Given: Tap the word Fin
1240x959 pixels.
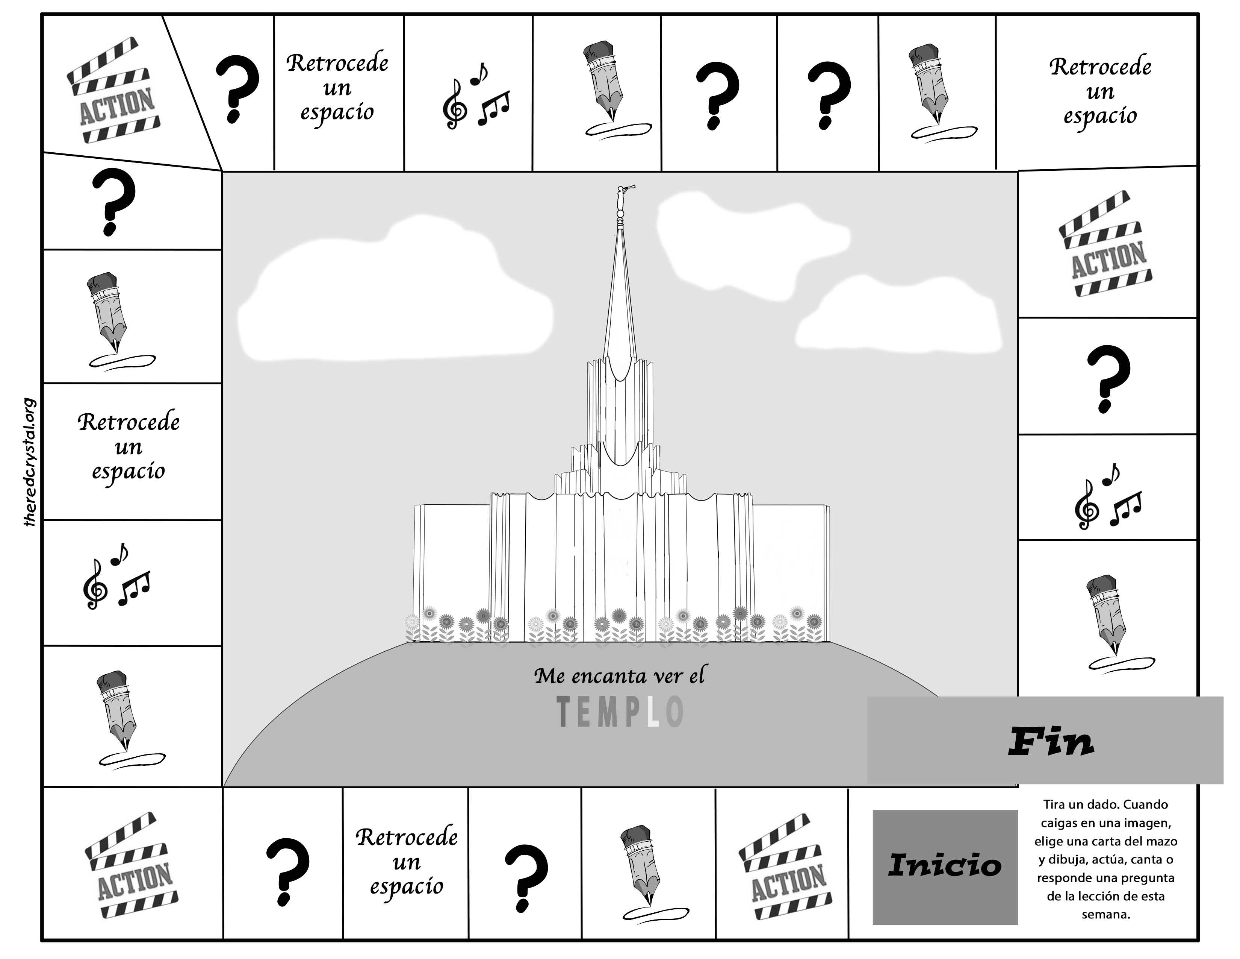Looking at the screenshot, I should [x=1050, y=742].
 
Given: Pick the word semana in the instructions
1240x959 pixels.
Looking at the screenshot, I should [x=1105, y=915].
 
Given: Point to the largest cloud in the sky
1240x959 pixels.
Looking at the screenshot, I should [x=392, y=301].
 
